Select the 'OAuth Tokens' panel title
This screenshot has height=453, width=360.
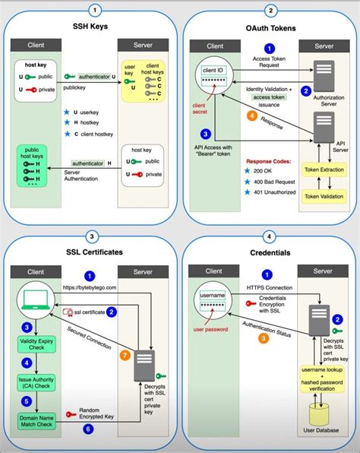pos(270,30)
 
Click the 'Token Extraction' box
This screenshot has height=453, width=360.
pos(323,169)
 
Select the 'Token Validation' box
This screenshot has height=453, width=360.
pos(323,196)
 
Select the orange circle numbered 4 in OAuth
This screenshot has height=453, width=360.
pos(251,116)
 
